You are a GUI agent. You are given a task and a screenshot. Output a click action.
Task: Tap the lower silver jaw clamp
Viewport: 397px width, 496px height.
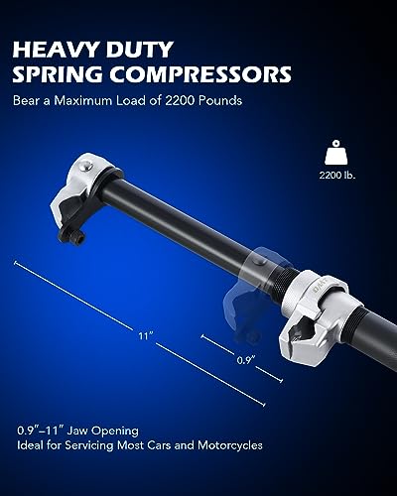tap(320, 309)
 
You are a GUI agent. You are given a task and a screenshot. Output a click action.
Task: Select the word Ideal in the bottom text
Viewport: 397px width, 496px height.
tap(29, 445)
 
